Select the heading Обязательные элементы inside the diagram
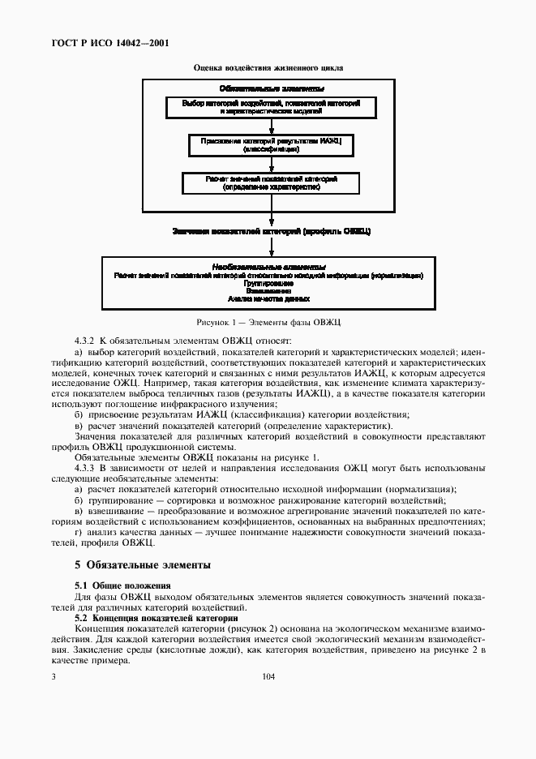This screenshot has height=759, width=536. point(272,88)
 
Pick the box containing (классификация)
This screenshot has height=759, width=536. point(272,145)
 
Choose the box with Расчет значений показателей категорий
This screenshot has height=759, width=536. point(272,182)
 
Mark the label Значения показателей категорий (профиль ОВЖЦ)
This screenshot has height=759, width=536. point(272,231)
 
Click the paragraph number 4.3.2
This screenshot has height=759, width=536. point(85,341)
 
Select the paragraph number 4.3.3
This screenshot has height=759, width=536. point(85,468)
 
